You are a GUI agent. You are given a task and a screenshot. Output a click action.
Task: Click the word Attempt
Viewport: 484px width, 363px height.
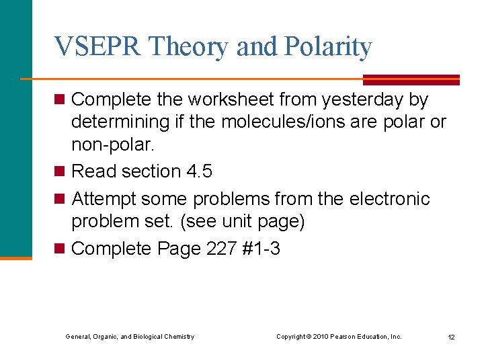click(105, 199)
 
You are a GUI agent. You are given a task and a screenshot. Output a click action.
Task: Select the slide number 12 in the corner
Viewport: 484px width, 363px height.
click(451, 337)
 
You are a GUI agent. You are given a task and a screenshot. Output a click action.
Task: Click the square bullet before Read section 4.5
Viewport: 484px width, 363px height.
click(59, 171)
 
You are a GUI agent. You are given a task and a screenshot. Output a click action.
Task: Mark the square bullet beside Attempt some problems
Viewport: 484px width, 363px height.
click(59, 199)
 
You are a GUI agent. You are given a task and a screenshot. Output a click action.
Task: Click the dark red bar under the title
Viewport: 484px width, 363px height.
click(411, 79)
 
